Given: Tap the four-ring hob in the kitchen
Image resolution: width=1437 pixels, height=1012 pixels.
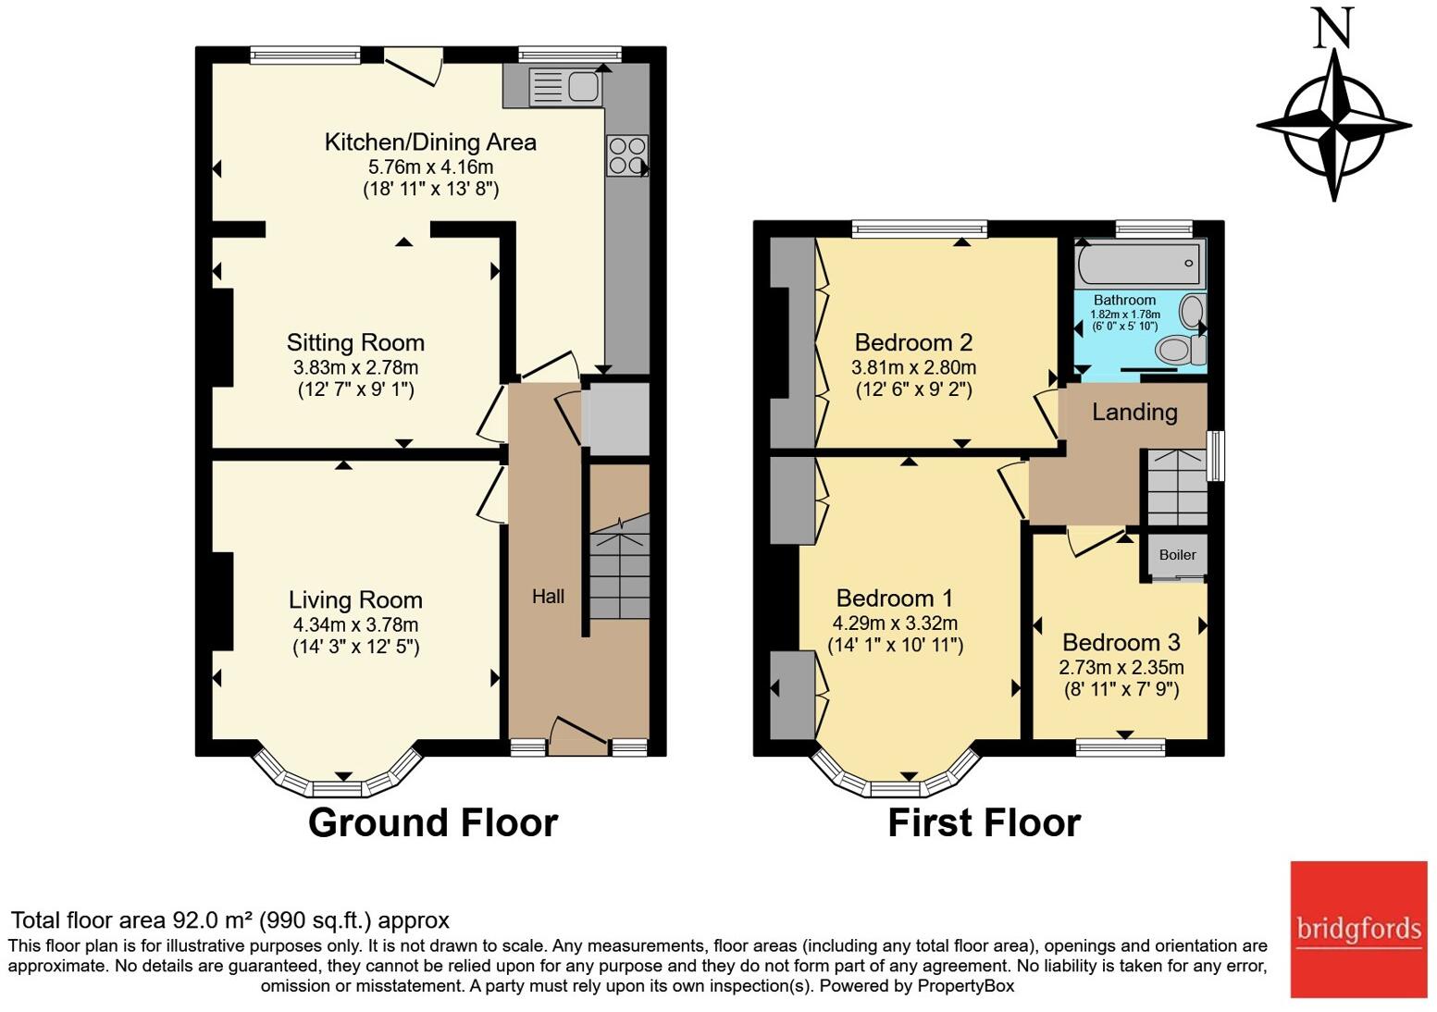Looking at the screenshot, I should [626, 155].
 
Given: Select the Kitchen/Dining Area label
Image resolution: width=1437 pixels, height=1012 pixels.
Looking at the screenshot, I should [430, 142].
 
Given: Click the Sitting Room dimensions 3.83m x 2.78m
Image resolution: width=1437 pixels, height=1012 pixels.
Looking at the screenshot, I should [355, 367].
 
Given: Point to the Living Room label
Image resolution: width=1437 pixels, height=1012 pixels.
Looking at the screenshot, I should [355, 600].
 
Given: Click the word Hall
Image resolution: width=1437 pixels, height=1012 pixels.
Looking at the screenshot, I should [548, 597].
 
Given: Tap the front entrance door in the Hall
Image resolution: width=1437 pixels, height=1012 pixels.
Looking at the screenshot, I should [578, 731].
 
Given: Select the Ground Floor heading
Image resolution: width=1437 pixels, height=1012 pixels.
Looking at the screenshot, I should [432, 822].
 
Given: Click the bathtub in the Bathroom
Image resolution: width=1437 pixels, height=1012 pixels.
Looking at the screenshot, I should [1139, 263].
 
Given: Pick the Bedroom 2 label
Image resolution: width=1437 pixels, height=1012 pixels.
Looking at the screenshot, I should [913, 343].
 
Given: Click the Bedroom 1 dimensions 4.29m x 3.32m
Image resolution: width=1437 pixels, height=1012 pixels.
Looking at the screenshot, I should [895, 623].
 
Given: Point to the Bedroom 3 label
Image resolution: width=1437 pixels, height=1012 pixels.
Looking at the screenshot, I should [1121, 643].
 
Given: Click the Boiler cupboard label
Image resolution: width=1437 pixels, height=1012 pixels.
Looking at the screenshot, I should [1177, 555].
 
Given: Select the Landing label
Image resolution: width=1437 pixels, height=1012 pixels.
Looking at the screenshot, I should [1134, 413].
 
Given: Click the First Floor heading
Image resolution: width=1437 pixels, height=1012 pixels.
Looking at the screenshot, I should [984, 822].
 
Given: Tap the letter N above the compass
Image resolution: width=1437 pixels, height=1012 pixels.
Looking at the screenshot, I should [1333, 28].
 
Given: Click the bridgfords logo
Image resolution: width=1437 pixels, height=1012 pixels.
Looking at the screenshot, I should [1358, 929].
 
